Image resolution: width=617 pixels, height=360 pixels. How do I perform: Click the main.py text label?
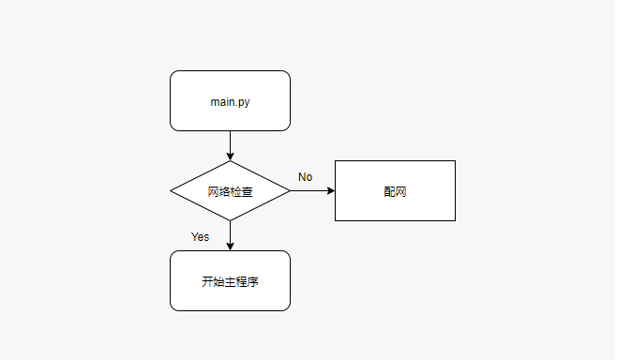[230, 101]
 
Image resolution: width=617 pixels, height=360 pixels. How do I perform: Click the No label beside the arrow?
[305, 177]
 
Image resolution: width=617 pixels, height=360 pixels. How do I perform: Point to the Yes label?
[200, 236]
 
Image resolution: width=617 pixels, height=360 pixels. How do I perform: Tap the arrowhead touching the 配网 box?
[330, 191]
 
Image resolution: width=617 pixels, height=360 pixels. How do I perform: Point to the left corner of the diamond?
[171, 191]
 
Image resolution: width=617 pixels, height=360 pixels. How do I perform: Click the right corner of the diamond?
[290, 191]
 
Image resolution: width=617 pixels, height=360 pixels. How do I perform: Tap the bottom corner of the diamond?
[230, 221]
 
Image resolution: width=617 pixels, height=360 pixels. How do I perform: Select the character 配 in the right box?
[389, 191]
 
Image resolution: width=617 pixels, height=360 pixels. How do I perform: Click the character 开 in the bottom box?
[207, 281]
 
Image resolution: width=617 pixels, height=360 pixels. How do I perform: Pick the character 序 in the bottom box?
[252, 281]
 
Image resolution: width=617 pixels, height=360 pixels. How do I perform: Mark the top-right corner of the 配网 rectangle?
[455, 161]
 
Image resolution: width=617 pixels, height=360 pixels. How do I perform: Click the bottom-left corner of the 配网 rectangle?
[336, 220]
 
